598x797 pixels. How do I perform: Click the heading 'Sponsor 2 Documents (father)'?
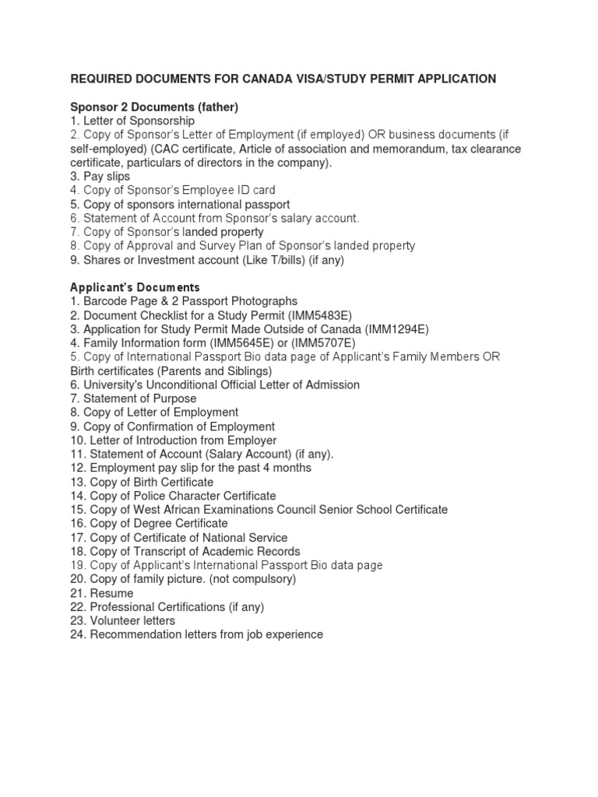(x=154, y=107)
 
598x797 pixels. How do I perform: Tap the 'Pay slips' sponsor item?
(x=100, y=176)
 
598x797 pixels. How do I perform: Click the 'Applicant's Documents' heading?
(x=135, y=287)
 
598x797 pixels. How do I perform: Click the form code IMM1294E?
(x=393, y=328)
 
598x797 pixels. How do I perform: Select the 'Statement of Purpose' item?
(x=133, y=398)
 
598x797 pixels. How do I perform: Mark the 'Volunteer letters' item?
(x=123, y=621)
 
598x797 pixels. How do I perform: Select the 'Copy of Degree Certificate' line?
(x=149, y=524)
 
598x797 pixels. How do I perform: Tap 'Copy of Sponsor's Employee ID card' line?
(x=172, y=190)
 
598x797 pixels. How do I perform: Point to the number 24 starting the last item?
(x=77, y=635)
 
